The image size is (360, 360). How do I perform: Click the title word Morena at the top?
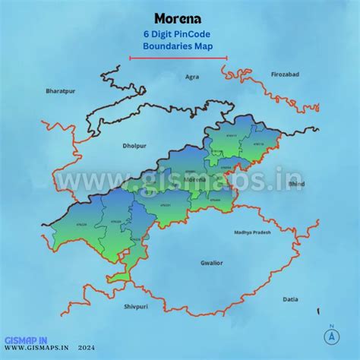click(179, 17)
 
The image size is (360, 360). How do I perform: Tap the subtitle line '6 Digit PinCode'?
click(179, 34)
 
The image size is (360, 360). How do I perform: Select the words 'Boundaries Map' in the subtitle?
click(179, 46)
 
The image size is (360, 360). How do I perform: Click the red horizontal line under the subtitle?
click(178, 58)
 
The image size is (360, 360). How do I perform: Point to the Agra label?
click(192, 77)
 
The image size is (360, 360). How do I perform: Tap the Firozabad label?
click(286, 74)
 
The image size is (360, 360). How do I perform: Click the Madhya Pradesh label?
click(252, 232)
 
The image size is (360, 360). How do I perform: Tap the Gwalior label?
click(212, 262)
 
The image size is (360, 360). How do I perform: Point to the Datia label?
click(291, 299)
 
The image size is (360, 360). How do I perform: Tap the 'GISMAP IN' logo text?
click(27, 341)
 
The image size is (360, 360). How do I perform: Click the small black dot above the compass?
click(331, 324)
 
